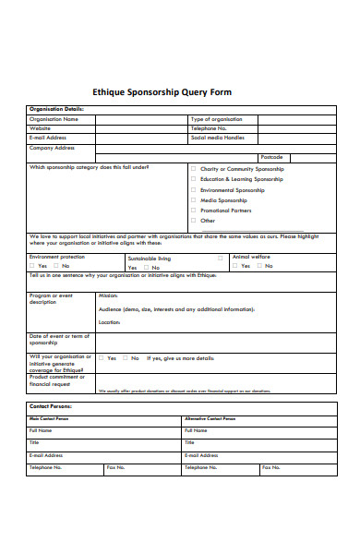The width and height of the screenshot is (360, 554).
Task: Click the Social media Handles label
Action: pyautogui.click(x=218, y=138)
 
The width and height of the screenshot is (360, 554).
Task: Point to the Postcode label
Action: pyautogui.click(x=271, y=157)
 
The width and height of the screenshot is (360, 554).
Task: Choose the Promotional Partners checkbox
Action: pyautogui.click(x=193, y=211)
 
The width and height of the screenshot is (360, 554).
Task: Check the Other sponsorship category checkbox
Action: pyautogui.click(x=193, y=221)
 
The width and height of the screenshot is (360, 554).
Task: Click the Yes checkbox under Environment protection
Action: pyautogui.click(x=32, y=266)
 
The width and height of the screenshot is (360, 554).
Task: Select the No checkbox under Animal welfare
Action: pyautogui.click(x=262, y=266)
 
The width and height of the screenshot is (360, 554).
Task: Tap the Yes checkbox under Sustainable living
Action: pyautogui.click(x=131, y=268)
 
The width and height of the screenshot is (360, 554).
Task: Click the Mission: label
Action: pyautogui.click(x=108, y=296)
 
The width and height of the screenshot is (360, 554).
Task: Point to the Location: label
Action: pyautogui.click(x=110, y=322)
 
